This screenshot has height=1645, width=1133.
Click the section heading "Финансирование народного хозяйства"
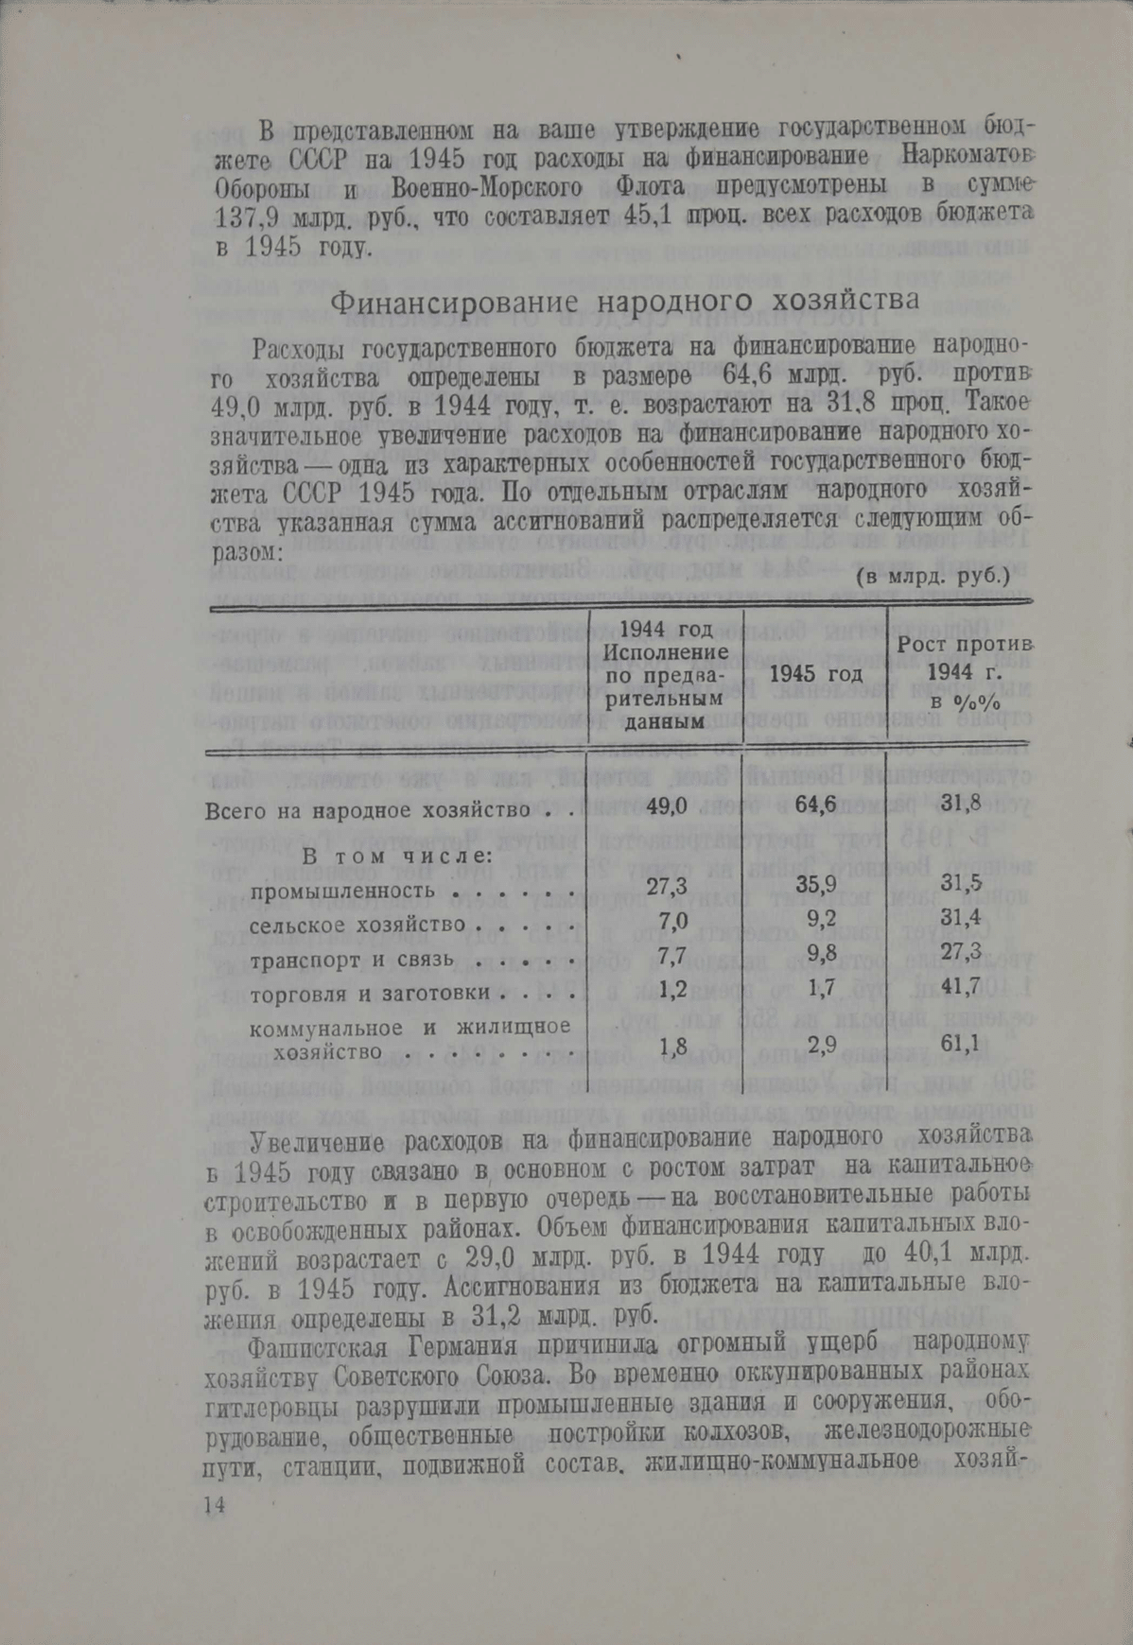(624, 303)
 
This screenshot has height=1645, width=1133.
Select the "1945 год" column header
(816, 674)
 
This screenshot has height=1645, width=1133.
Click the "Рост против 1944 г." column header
(962, 673)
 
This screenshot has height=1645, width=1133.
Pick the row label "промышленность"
(343, 891)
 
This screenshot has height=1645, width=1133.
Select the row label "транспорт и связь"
(353, 960)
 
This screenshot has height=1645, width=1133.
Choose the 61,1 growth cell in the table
(960, 1044)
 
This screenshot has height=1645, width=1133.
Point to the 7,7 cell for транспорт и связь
(671, 955)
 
